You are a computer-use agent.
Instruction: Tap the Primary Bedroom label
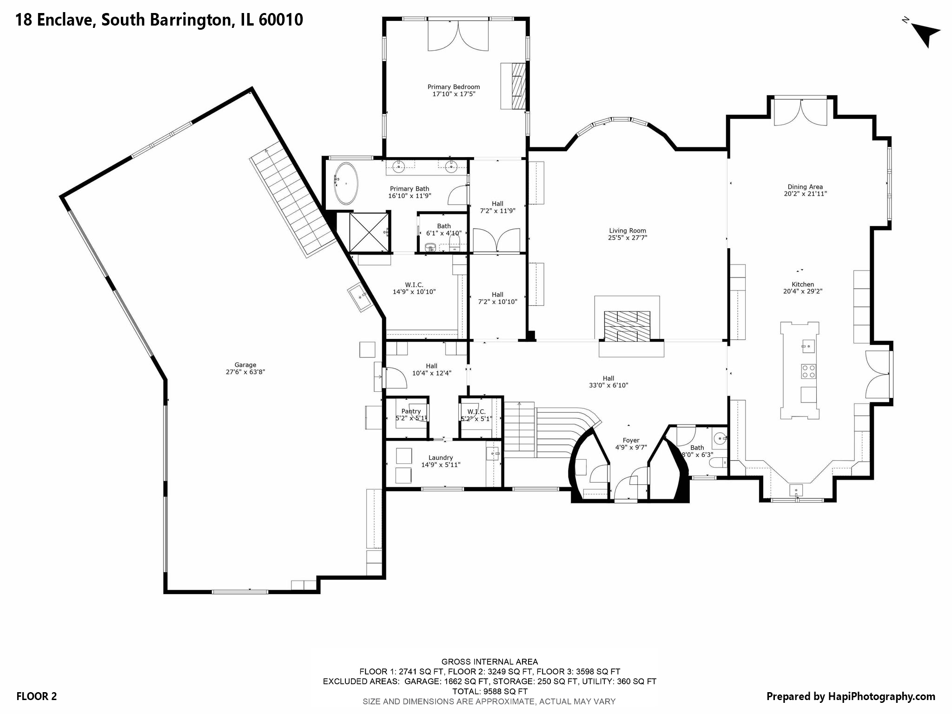pos(453,87)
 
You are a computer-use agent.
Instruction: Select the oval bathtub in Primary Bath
pos(346,184)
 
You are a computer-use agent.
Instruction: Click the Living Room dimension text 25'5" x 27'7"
pos(628,238)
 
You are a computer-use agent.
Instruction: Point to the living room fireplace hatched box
pos(627,326)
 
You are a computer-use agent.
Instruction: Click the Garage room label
pos(245,365)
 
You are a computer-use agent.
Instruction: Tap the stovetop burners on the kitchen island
pos(808,371)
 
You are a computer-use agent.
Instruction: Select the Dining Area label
pos(805,187)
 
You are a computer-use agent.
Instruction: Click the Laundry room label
pos(440,457)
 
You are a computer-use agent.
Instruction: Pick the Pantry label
pos(411,411)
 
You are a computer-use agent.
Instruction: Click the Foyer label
pos(631,440)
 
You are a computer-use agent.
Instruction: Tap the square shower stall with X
pos(369,232)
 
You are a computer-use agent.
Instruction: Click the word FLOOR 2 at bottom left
pos(36,696)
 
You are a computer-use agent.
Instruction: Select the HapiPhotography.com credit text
pos(851,696)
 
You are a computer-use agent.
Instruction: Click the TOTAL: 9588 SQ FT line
pos(489,691)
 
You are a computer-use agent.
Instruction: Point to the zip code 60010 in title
pos(280,20)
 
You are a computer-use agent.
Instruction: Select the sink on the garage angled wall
pos(359,296)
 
